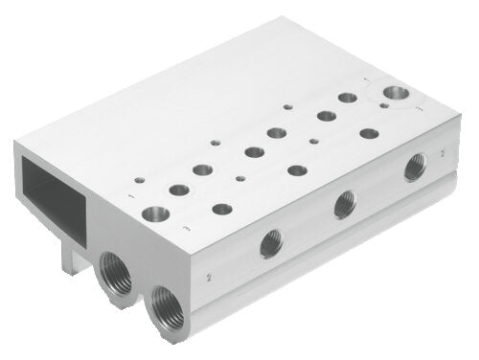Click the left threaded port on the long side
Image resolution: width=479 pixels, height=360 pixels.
(x=270, y=244)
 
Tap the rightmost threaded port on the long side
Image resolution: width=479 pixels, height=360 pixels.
(x=414, y=168)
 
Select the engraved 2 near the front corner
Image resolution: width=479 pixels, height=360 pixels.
(x=208, y=277)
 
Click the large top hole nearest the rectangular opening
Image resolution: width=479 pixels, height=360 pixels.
(x=153, y=213)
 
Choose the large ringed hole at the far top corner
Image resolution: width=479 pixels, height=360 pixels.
(x=396, y=93)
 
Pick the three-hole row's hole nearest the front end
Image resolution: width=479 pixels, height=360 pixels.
(x=222, y=208)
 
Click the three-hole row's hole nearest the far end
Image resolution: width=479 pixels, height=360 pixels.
(x=367, y=135)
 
